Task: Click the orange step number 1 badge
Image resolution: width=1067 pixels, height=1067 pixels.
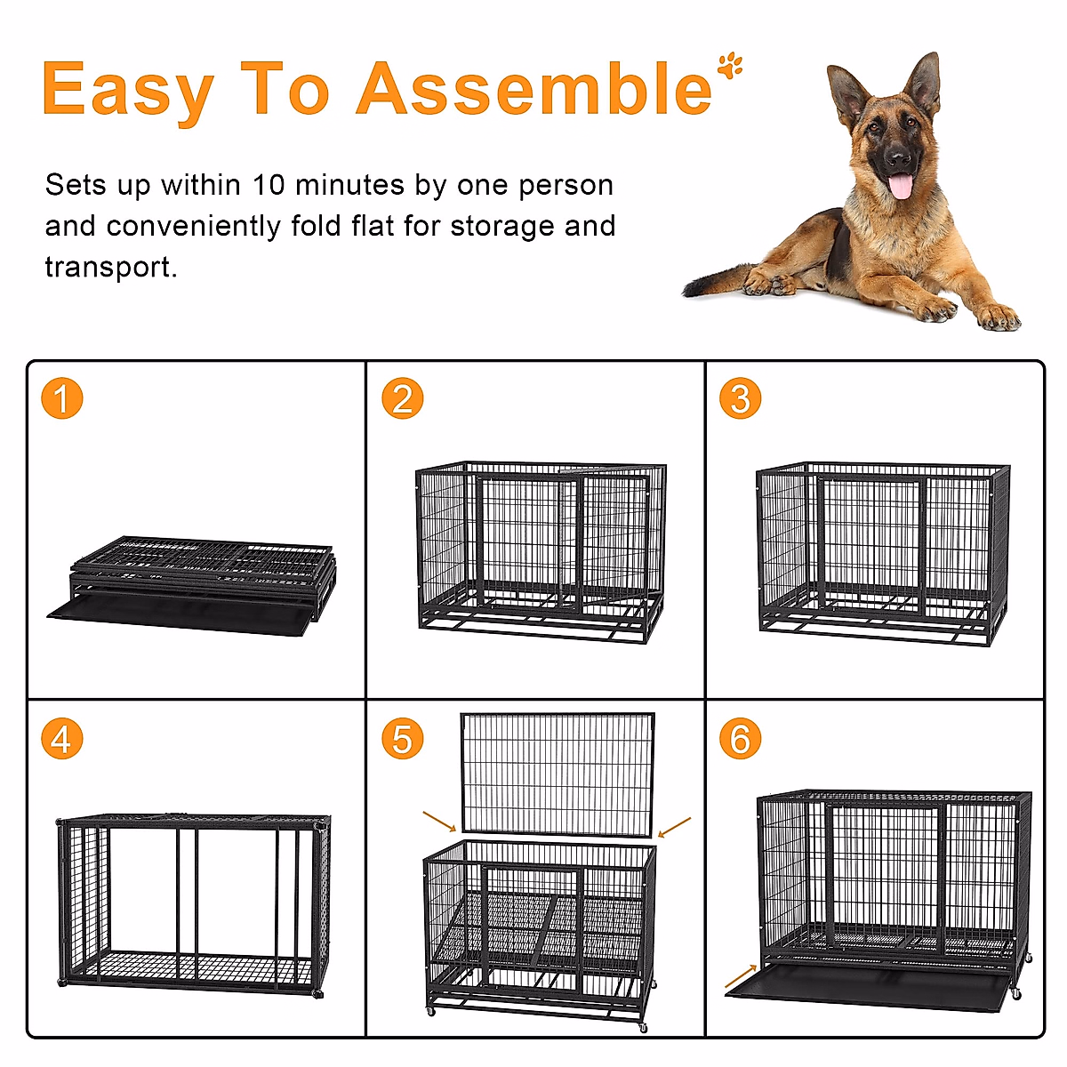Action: [x=61, y=398]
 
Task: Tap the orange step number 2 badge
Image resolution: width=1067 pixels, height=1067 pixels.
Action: [x=402, y=398]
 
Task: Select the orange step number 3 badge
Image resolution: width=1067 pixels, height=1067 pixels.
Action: [x=741, y=398]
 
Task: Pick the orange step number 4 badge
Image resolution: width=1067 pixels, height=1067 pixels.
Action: [x=61, y=739]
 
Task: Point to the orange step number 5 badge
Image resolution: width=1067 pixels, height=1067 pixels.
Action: [x=402, y=739]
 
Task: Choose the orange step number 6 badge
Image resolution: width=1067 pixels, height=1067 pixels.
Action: [x=741, y=739]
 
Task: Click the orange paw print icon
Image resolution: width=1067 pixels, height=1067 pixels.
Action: [x=731, y=65]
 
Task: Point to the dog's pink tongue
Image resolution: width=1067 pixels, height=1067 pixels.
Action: [x=901, y=187]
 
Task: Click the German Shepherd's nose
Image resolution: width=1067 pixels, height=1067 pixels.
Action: [x=899, y=160]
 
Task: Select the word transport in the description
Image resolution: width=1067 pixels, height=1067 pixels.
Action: [x=109, y=267]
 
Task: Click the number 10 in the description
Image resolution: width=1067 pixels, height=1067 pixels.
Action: [x=268, y=185]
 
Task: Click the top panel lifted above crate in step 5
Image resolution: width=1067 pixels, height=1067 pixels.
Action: [x=558, y=774]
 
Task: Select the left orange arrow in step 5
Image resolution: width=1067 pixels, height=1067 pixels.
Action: [x=439, y=821]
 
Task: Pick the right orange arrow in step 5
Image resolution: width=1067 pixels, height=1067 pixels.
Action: [x=676, y=827]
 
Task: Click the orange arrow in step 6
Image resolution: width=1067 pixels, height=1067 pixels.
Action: [x=741, y=976]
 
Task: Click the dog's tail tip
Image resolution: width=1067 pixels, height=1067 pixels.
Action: [x=689, y=291]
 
